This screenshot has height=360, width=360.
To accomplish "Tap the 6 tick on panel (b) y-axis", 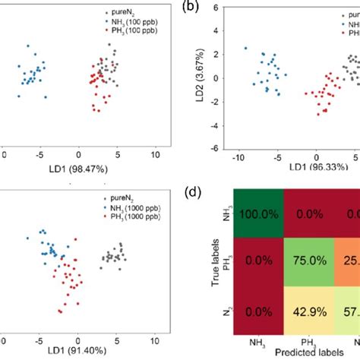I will click(x=216, y=8).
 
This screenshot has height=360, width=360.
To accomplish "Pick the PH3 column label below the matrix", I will click(x=320, y=345).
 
